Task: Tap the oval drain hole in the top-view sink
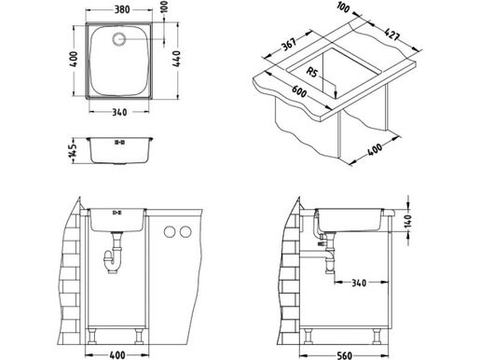click(120, 40)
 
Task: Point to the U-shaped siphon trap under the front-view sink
click(116, 259)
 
